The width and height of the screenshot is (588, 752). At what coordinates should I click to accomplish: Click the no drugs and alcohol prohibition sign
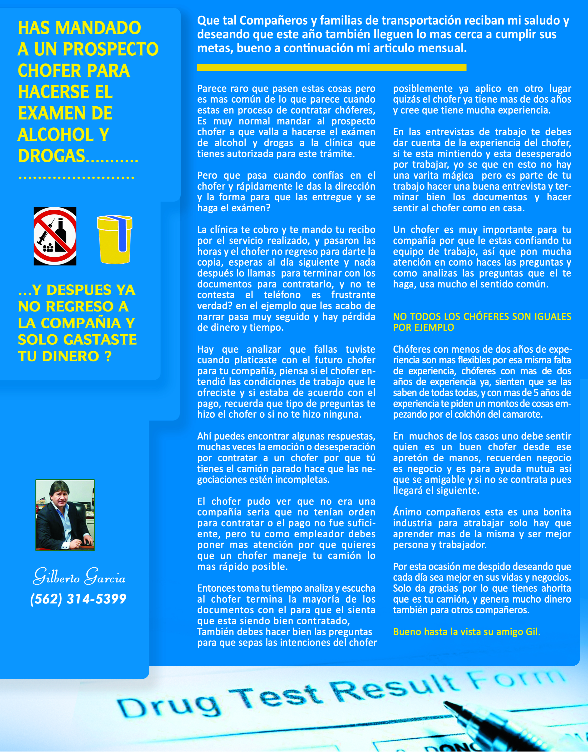[55, 236]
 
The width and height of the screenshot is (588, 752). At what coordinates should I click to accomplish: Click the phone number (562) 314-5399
[79, 599]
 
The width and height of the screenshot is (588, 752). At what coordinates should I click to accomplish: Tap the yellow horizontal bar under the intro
[331, 68]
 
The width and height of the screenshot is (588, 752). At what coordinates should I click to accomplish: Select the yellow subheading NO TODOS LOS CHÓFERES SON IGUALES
[482, 317]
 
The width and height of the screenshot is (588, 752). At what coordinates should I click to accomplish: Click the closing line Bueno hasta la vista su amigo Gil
[466, 632]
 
